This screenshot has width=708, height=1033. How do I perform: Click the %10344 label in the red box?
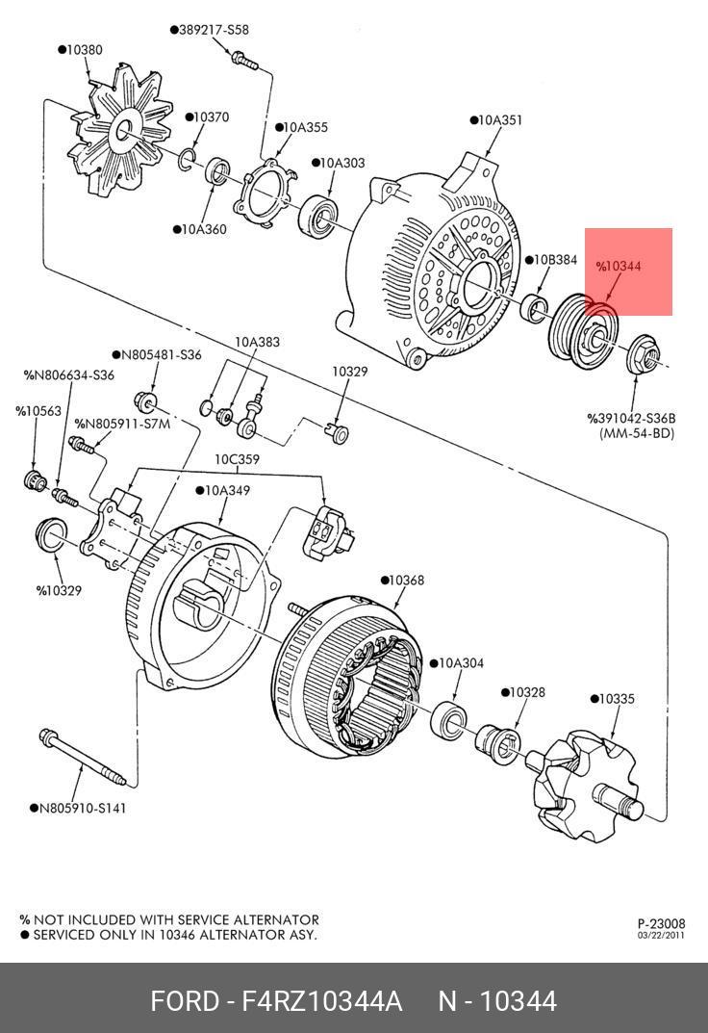619,266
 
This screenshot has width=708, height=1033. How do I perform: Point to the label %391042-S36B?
632,419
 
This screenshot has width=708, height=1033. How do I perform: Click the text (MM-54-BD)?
637,433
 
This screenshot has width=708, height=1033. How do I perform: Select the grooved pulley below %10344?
583,331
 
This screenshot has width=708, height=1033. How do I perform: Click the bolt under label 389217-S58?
244,60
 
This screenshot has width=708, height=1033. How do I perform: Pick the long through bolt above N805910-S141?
82,757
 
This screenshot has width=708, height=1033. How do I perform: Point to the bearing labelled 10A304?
448,719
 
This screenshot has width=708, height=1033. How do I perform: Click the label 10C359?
237,459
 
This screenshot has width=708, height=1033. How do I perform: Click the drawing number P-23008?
661,923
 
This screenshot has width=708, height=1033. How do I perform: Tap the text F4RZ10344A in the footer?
321,1001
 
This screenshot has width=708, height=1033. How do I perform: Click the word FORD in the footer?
185,1001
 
